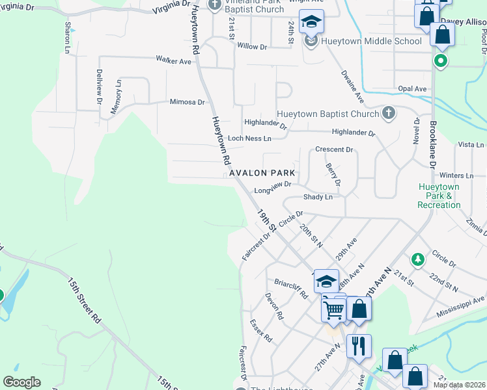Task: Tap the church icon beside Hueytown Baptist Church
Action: point(388,113)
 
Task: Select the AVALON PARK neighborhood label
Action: point(261,174)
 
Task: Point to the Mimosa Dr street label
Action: point(187,102)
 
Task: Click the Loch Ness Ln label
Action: point(249,138)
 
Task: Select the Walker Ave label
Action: point(173,60)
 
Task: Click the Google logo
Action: point(22,382)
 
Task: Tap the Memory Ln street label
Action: point(116,97)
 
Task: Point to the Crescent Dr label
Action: point(333,149)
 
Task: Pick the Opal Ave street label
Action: point(412,89)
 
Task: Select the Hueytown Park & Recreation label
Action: point(439,196)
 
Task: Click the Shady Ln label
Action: point(318,197)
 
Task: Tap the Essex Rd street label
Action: point(261,331)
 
